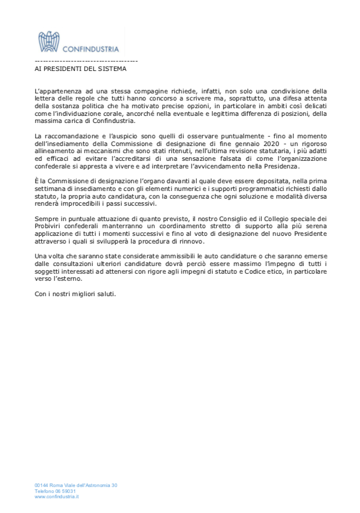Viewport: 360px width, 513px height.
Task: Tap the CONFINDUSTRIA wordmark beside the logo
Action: point(90,49)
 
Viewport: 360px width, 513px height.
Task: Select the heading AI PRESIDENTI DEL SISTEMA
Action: point(80,69)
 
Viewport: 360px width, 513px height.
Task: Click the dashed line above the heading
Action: point(86,61)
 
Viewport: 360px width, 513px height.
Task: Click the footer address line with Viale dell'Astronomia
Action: point(76,485)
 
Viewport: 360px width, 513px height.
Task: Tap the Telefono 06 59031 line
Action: point(55,491)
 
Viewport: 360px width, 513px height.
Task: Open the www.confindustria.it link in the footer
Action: point(57,497)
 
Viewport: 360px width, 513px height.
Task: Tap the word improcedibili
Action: point(83,204)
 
